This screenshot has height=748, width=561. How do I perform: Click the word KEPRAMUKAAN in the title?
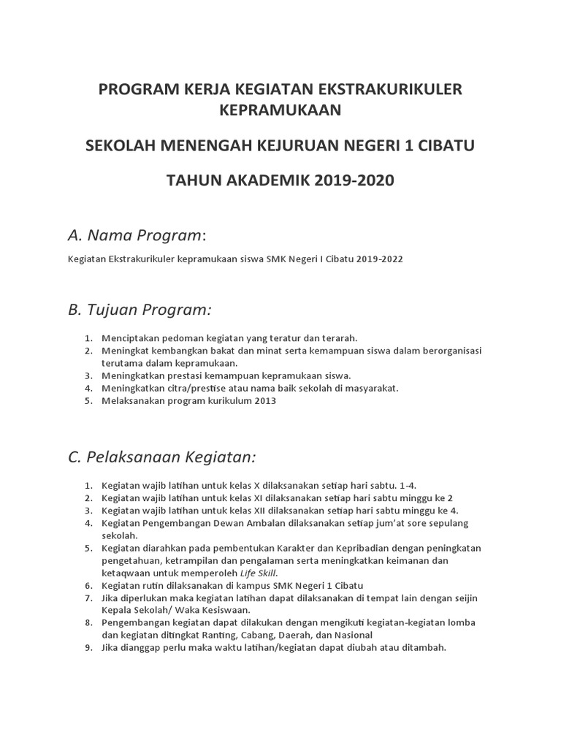(280, 110)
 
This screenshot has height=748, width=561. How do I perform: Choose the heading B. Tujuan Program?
(139, 310)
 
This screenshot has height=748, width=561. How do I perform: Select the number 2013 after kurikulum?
(265, 400)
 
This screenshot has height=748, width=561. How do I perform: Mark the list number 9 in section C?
(87, 647)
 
